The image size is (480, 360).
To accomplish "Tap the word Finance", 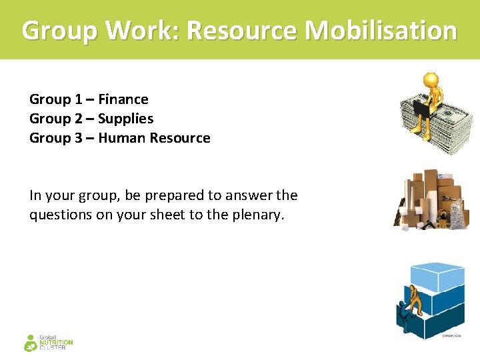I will click(x=123, y=99).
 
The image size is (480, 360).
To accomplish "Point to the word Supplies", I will click(x=126, y=119).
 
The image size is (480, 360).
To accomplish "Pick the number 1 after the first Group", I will click(x=79, y=99).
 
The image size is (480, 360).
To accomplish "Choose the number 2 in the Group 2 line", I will click(x=79, y=119).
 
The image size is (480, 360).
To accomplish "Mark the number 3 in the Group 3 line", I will click(x=79, y=138).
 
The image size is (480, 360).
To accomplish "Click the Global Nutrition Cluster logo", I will click(x=48, y=343).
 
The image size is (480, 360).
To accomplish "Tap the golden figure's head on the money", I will click(x=432, y=81).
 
